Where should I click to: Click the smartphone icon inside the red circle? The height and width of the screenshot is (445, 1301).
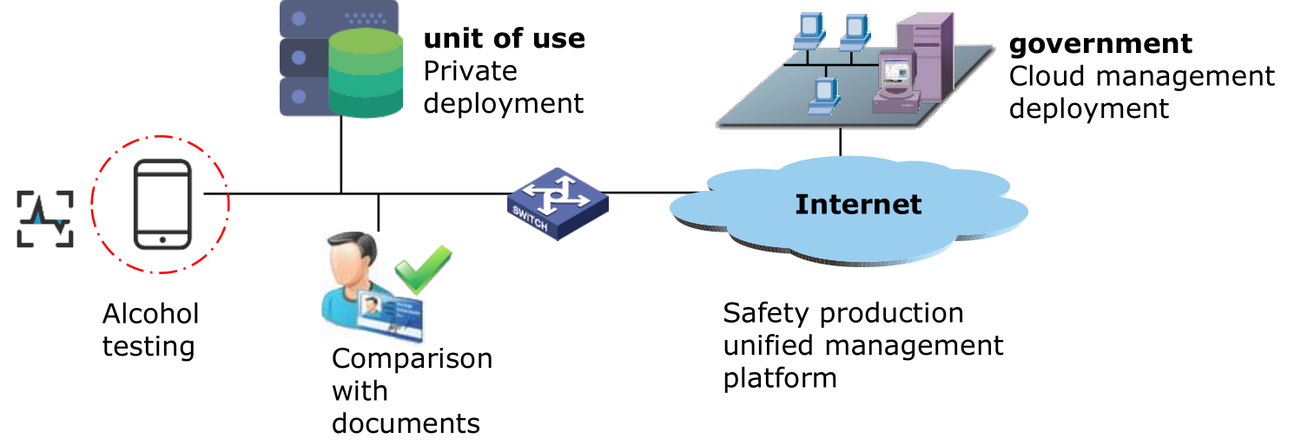pyautogui.click(x=162, y=204)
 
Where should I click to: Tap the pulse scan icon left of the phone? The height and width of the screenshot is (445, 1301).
pyautogui.click(x=46, y=219)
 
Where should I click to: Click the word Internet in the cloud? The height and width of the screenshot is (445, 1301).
pyautogui.click(x=858, y=204)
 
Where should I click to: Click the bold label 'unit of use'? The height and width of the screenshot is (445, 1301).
pyautogui.click(x=504, y=39)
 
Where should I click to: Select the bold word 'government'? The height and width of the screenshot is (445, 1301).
pyautogui.click(x=1100, y=43)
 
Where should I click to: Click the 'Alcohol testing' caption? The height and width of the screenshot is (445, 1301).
pyautogui.click(x=150, y=330)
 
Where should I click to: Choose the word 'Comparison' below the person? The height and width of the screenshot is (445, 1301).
pyautogui.click(x=412, y=358)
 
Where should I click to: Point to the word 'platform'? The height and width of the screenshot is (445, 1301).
pyautogui.click(x=780, y=377)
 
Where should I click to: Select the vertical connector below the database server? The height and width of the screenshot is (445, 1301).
pyautogui.click(x=340, y=154)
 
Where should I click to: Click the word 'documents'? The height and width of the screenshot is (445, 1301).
pyautogui.click(x=406, y=422)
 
